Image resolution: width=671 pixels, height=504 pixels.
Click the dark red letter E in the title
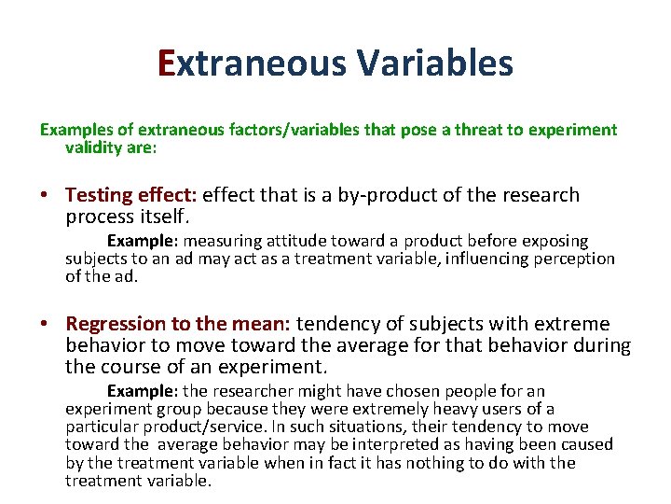167,63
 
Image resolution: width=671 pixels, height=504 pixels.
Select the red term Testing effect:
130,195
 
